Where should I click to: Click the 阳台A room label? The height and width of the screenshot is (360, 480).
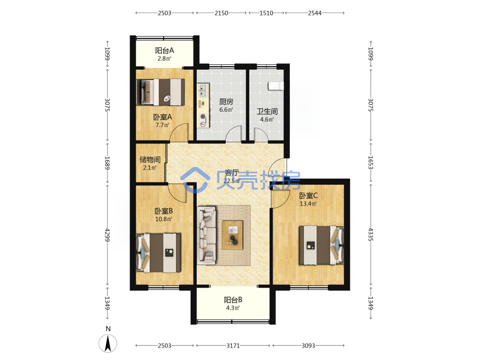tap(164, 50)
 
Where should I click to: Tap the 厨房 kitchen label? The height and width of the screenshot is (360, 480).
tap(226, 101)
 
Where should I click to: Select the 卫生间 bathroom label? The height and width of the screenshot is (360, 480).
tap(267, 111)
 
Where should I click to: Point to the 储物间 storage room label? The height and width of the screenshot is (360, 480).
tap(150, 159)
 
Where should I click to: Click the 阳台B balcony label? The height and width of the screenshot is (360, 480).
tap(233, 300)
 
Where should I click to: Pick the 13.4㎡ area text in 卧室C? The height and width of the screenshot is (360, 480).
tap(308, 204)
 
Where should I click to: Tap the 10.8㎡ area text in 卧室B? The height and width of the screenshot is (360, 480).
tap(164, 219)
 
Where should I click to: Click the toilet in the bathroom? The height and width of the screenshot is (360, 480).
tap(276, 86)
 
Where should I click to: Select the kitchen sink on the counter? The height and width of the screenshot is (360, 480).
tap(203, 91)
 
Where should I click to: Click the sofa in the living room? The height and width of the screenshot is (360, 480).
tap(206, 235)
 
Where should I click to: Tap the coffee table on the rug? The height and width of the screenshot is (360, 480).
tap(232, 235)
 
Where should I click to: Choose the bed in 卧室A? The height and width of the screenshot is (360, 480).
tap(160, 92)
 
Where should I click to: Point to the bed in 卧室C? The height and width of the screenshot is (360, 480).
tap(321, 245)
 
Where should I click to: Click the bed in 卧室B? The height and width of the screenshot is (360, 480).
tap(158, 253)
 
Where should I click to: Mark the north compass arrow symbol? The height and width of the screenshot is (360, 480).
tap(108, 343)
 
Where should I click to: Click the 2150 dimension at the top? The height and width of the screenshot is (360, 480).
tap(221, 13)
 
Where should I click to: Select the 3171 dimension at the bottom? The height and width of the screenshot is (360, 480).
tap(233, 346)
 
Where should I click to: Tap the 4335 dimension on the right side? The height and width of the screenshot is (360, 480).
tap(371, 234)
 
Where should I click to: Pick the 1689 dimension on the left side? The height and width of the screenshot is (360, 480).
tap(107, 163)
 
